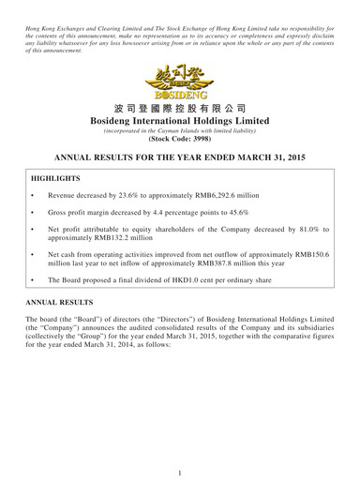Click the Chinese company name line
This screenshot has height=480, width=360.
[179, 109]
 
